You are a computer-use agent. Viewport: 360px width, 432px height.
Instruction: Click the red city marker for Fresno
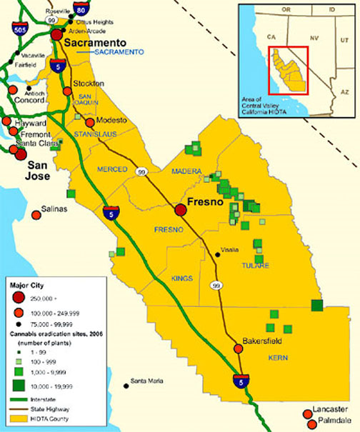point(181,210)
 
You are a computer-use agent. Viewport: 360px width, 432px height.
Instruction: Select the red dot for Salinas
point(36,214)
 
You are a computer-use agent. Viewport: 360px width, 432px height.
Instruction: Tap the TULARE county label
point(256,266)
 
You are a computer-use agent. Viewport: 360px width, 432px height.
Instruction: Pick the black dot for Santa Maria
point(126,386)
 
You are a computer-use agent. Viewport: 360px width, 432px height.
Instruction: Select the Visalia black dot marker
point(217,252)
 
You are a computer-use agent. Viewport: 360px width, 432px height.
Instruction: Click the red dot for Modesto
point(90,122)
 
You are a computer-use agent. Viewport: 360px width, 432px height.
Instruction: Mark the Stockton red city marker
point(67,91)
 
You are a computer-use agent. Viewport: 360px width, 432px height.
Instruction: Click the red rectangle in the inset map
point(287,70)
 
